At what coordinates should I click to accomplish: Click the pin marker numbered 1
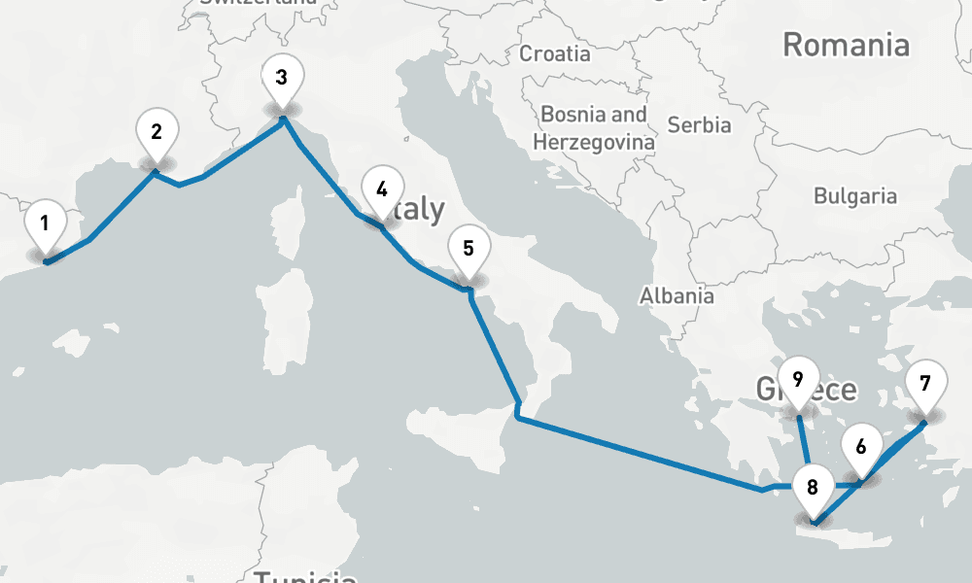click(x=45, y=224)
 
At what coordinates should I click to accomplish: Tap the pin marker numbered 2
click(x=156, y=132)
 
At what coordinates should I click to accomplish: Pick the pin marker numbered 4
click(x=381, y=190)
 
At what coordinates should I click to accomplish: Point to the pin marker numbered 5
click(x=469, y=249)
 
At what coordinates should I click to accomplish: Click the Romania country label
click(x=846, y=45)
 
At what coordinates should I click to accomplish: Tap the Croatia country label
click(x=555, y=53)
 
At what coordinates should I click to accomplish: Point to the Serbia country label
click(x=700, y=125)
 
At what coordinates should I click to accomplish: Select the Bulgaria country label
click(x=855, y=196)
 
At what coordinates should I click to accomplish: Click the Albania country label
click(x=677, y=296)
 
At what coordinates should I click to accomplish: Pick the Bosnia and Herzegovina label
click(x=594, y=127)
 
